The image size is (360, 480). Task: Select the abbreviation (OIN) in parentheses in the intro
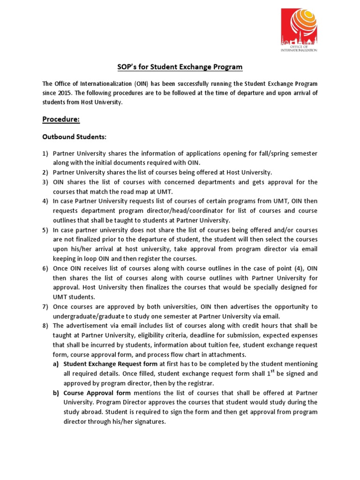pyautogui.click(x=128, y=84)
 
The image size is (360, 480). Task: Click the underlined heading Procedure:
pyautogui.click(x=61, y=120)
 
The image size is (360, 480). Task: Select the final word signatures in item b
pyautogui.click(x=150, y=421)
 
